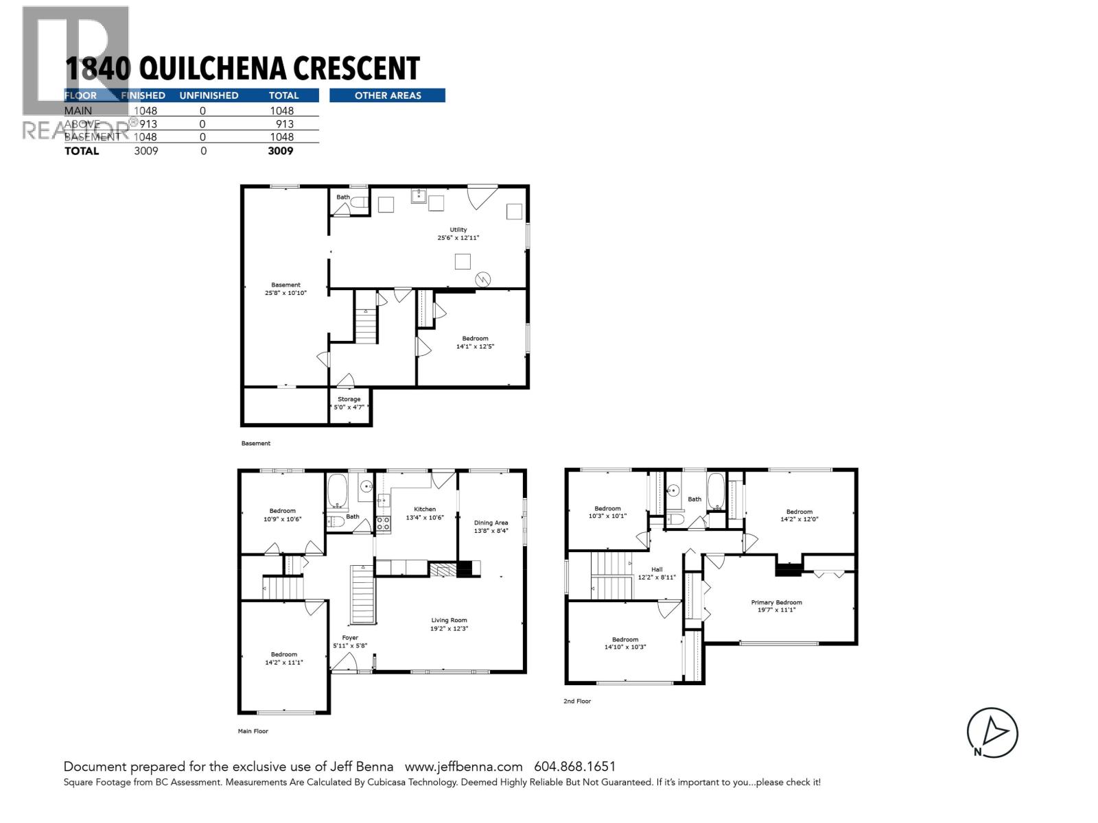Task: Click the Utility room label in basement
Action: point(458,230)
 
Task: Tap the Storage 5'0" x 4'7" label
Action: point(349,403)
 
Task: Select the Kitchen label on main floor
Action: point(425,510)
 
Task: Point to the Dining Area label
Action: point(491,523)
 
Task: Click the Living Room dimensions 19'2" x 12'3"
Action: point(449,629)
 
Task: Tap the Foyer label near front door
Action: point(350,638)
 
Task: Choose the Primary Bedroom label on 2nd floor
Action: point(776,603)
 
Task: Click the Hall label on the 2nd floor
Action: point(657,570)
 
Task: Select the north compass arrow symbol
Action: point(993,733)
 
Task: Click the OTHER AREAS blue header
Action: point(387,95)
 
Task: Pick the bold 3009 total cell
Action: point(281,151)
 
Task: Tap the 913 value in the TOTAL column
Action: point(284,124)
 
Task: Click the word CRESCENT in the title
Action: point(357,69)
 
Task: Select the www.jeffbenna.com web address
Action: point(463,767)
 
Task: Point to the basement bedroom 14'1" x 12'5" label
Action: point(475,342)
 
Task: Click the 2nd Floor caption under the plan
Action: point(577,701)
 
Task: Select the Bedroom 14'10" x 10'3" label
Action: point(625,643)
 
